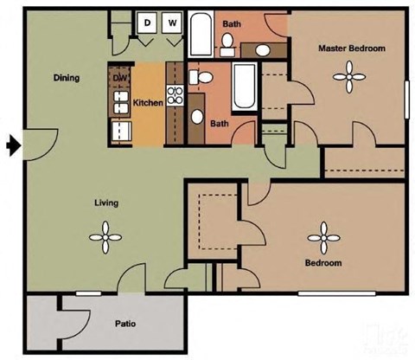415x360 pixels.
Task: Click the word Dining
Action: (x=67, y=78)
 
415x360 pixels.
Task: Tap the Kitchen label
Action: (x=148, y=103)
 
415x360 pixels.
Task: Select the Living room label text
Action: (x=106, y=203)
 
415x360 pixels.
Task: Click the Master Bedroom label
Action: (x=351, y=48)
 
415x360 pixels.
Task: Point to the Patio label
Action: (x=125, y=325)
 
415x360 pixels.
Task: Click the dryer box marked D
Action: (x=148, y=22)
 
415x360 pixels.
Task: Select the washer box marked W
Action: (x=171, y=22)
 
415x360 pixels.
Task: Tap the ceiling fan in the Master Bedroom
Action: (x=350, y=80)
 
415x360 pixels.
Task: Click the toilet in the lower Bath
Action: (x=202, y=78)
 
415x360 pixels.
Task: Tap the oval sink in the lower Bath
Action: (x=198, y=117)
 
